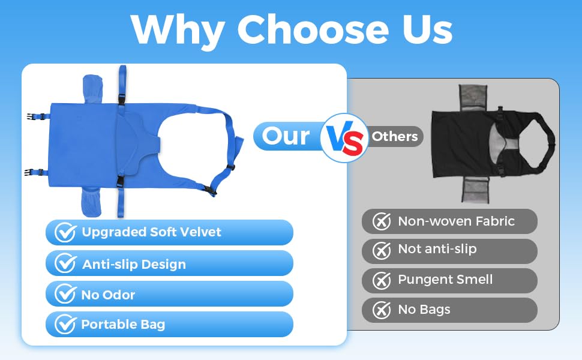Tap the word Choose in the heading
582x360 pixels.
pos(313,29)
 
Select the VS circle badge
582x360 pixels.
pos(344,138)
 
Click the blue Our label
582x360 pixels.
pos(286,136)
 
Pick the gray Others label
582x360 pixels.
pos(395,137)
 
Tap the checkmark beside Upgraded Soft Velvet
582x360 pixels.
pos(65,232)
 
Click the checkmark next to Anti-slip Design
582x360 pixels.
pos(65,263)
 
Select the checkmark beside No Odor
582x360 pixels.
pos(65,293)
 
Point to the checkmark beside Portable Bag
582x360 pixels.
pos(65,325)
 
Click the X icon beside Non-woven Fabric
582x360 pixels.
pos(382,221)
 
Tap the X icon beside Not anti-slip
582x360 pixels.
pos(382,251)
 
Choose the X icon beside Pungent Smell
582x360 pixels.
pos(382,281)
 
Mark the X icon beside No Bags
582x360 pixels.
pos(382,310)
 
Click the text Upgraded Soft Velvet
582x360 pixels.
pos(151,232)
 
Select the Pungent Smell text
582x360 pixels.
pos(445,280)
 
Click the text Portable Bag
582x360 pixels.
pos(123,325)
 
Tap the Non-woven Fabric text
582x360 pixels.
pos(456,221)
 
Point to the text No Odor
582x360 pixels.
pos(108,295)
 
